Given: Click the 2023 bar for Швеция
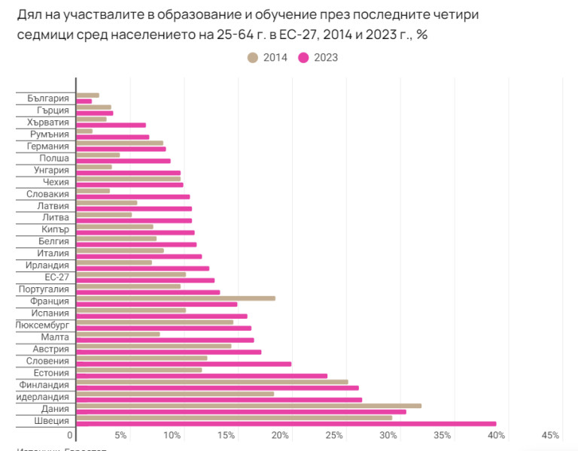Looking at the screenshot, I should [x=286, y=423].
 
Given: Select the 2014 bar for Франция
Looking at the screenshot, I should [x=175, y=298].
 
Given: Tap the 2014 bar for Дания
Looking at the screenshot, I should [x=248, y=406].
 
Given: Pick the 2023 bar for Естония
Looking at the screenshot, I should [x=202, y=376].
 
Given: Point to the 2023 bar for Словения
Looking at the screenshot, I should [x=184, y=364].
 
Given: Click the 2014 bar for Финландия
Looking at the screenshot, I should [x=211, y=382].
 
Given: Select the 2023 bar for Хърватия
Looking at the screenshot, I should [x=111, y=125].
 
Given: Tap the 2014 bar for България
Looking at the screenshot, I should [x=87, y=95].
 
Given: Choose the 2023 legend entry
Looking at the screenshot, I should [x=318, y=57].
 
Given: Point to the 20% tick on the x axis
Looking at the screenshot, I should [x=280, y=436].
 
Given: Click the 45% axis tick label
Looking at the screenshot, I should [x=550, y=436].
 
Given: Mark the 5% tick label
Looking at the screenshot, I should [x=120, y=436].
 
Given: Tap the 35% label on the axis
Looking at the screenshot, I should [x=443, y=436].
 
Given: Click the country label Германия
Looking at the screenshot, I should [x=47, y=147].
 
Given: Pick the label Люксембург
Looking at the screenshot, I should [x=43, y=325].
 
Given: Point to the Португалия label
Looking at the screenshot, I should [x=44, y=289].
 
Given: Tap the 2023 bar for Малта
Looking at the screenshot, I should [x=165, y=340].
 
